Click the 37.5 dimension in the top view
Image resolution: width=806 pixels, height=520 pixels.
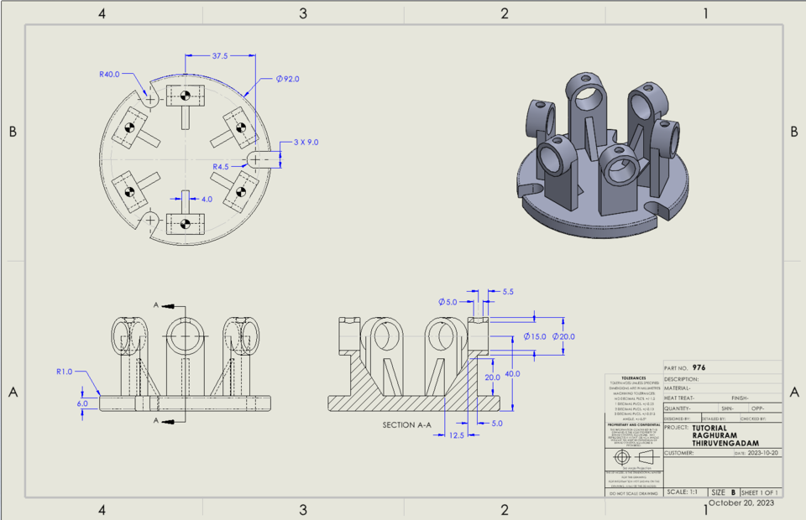click(x=219, y=56)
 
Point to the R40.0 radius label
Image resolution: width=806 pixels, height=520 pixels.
click(x=109, y=74)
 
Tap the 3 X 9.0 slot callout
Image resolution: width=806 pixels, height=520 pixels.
click(x=307, y=143)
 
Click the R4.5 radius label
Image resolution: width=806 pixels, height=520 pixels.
click(x=222, y=167)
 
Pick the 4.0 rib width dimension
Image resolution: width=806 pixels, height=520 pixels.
click(x=207, y=200)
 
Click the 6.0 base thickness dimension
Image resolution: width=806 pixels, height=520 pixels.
click(x=81, y=403)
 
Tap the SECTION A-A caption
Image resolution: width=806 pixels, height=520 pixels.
click(x=406, y=425)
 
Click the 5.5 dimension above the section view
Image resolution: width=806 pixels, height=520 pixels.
click(x=508, y=292)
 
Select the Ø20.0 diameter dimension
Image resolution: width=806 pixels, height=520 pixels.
click(x=562, y=336)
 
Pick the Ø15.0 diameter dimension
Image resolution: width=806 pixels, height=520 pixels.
click(x=534, y=336)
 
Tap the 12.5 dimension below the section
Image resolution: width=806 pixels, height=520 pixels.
click(x=458, y=435)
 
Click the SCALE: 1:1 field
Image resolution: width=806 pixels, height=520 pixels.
click(x=683, y=491)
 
